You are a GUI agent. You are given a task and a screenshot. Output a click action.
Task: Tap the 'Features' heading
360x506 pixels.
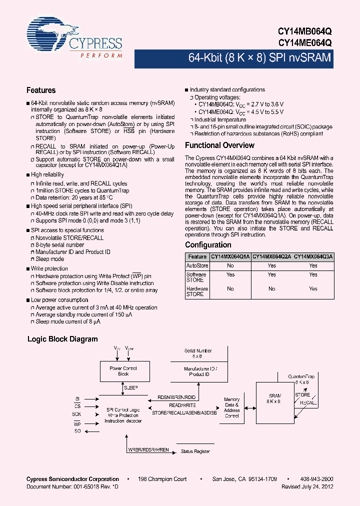tap(41, 90)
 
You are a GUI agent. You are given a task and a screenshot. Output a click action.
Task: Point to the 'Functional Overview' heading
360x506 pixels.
tap(219, 145)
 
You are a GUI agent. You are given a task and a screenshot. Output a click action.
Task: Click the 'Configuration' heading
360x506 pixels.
tap(208, 245)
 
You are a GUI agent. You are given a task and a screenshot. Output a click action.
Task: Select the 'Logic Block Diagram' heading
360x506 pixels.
tap(62, 339)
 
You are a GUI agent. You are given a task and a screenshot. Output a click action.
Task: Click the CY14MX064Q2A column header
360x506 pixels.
tap(271, 256)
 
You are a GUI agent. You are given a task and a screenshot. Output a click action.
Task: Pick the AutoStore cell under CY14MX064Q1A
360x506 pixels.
tap(230, 266)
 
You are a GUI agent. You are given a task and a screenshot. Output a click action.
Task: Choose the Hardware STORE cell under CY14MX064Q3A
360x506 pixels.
tap(313, 288)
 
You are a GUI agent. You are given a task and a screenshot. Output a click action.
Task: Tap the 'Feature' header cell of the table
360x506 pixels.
tap(197, 256)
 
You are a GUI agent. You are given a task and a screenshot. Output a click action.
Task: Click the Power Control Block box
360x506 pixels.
tap(123, 371)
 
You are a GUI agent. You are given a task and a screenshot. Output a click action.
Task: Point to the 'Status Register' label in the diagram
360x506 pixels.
tap(195, 451)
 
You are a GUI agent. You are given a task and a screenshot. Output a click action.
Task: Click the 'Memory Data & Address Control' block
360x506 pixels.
tap(231, 407)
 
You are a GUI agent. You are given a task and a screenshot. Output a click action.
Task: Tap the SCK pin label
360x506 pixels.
tap(77, 414)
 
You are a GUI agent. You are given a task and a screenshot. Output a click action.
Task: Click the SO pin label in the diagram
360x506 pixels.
tap(77, 430)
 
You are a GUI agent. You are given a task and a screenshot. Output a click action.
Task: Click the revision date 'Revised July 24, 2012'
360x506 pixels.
tap(307, 486)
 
